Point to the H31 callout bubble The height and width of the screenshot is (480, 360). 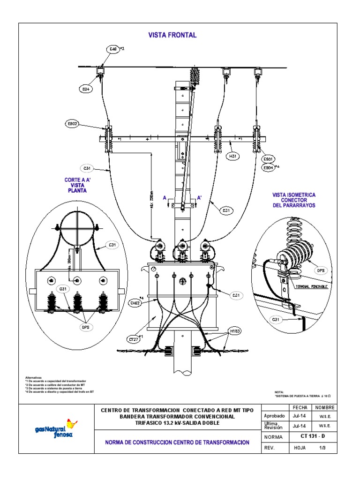click(233, 157)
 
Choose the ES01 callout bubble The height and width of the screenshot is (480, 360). click(268, 159)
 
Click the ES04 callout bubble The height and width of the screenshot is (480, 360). click(268, 167)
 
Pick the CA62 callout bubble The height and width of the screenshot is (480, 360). click(135, 303)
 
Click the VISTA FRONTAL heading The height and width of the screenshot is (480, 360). click(172, 35)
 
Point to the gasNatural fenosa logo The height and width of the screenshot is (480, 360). click(55, 427)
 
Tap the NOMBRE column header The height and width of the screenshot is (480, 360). click(325, 407)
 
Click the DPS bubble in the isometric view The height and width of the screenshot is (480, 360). click(321, 270)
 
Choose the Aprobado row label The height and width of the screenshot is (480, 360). click(275, 416)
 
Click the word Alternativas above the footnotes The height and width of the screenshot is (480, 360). click(33, 377)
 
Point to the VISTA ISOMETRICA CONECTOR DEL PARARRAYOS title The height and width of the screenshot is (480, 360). click(294, 200)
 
